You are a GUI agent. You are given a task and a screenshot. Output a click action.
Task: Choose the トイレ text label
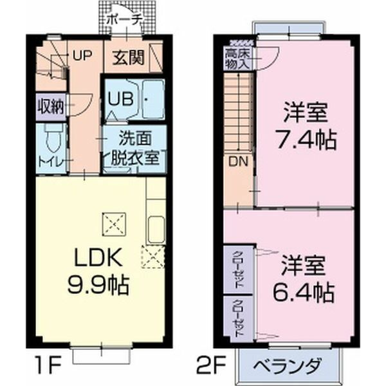[x=51, y=161]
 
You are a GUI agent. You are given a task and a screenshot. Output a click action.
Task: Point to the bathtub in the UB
[x=152, y=99]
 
